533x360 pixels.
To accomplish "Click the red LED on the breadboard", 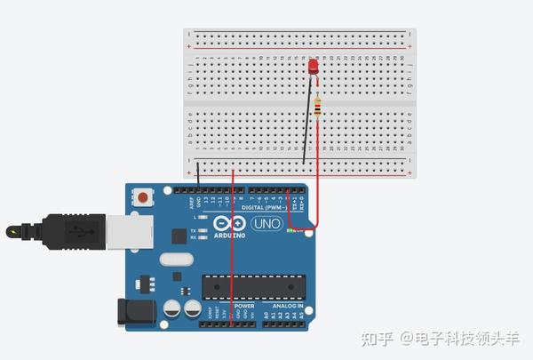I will [x=313, y=68].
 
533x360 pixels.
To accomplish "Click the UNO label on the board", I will [x=266, y=223].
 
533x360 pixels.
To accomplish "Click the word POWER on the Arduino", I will [x=244, y=305].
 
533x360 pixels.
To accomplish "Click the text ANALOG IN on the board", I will [x=287, y=305].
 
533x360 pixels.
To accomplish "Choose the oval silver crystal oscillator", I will [x=177, y=260].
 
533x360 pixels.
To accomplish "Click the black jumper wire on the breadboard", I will [x=307, y=120].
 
